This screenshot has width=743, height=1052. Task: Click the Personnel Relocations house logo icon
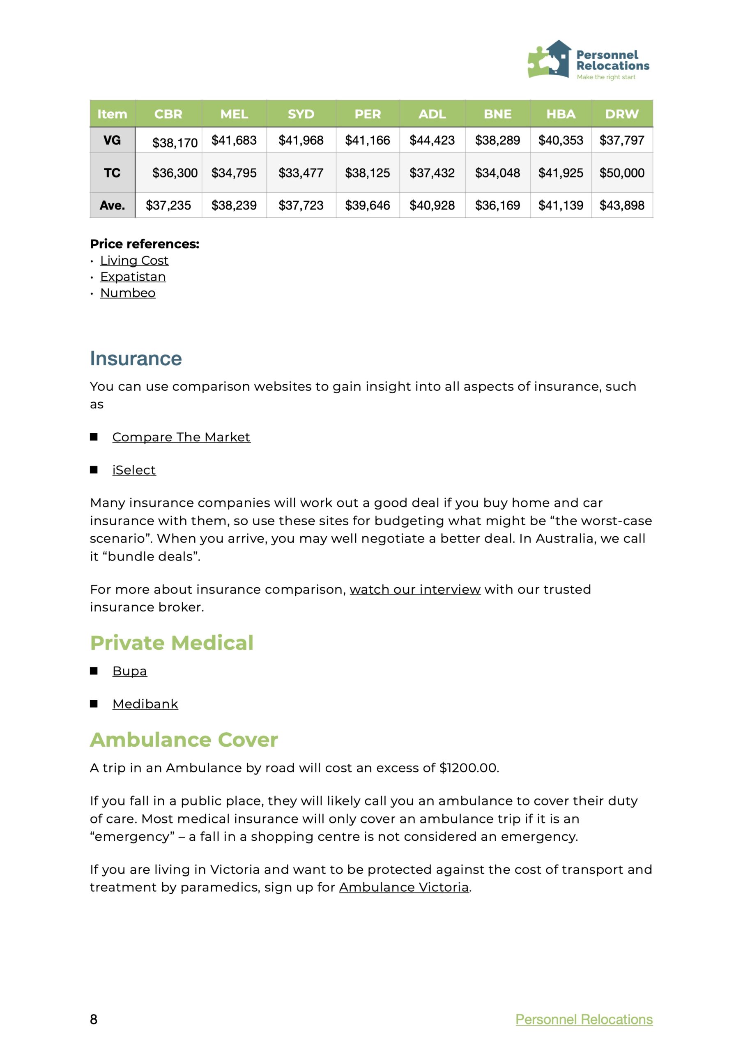click(x=550, y=59)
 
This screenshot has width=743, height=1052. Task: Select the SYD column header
click(x=301, y=114)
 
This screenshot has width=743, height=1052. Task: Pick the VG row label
click(x=112, y=140)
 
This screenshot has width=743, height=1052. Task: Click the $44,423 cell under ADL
click(x=432, y=140)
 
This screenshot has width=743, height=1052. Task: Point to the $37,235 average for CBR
click(x=168, y=205)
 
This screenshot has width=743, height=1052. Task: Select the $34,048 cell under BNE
click(x=497, y=173)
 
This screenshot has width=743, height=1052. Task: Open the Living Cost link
click(x=134, y=260)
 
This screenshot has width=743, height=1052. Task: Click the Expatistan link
click(x=133, y=277)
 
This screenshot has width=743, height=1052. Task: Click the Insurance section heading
click(x=136, y=358)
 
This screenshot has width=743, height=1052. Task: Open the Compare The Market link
click(x=181, y=437)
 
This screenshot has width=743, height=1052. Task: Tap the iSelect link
click(x=134, y=470)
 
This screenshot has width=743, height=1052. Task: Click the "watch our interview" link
click(x=415, y=589)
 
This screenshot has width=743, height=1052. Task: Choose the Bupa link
click(x=130, y=671)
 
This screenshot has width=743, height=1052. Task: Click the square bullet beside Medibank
click(x=94, y=704)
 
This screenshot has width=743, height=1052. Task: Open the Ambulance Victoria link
click(x=404, y=887)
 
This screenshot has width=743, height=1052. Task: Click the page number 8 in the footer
click(x=94, y=1020)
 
